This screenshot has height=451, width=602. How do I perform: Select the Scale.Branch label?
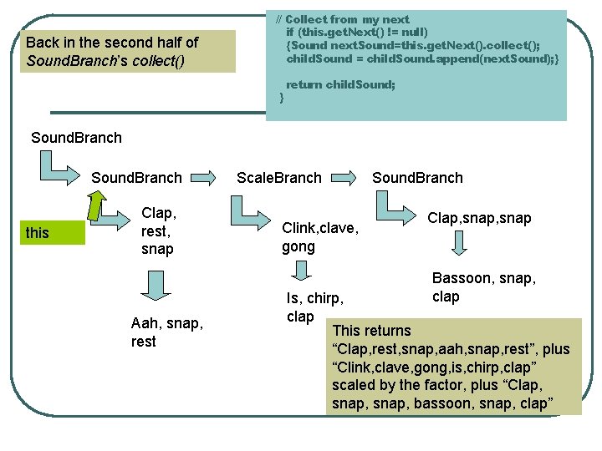pos(278,177)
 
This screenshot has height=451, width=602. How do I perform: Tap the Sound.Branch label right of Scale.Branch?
pos(417,177)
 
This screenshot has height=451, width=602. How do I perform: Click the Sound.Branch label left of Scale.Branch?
pos(136,177)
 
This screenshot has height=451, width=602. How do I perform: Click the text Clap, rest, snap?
pos(158,231)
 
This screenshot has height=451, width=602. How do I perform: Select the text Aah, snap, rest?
pos(166,332)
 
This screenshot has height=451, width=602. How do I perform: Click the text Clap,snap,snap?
pos(479,217)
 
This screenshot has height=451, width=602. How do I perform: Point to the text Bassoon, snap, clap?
pos(483,286)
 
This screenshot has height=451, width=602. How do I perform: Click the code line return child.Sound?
pos(340,84)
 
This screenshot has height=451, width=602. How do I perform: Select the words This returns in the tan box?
pos(371,330)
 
